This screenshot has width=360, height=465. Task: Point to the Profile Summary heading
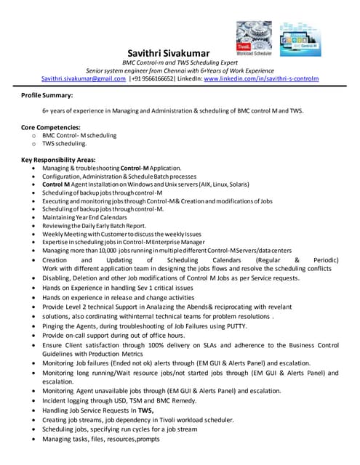pos(47,95)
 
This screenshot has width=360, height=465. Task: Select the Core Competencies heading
pos(51,127)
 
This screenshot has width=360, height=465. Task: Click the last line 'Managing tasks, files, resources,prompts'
pos(100,440)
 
